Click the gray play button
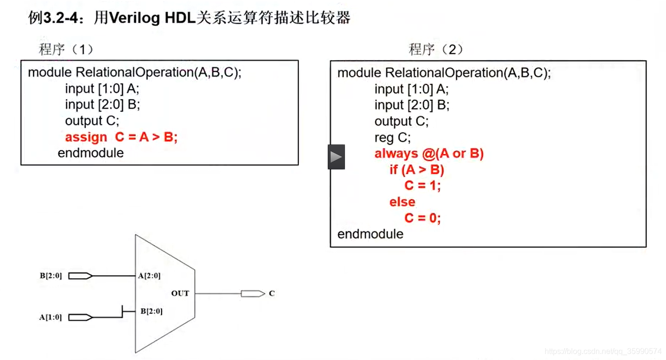point(336,157)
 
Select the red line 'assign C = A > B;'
point(121,137)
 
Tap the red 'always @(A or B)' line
point(429,154)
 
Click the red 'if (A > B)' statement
point(416,170)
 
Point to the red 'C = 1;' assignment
point(422,186)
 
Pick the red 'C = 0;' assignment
point(422,218)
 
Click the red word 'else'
point(402,202)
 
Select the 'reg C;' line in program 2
point(392,138)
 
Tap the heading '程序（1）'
point(66,49)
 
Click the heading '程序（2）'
point(436,49)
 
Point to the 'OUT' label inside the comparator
point(180,293)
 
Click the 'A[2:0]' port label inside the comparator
point(149,276)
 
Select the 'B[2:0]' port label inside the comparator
point(151,312)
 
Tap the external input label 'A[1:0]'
point(50,317)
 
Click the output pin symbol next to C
point(252,293)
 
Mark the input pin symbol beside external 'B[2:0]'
point(80,276)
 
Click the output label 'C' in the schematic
point(272,293)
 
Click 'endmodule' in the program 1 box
point(91,153)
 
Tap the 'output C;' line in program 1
point(92,121)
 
